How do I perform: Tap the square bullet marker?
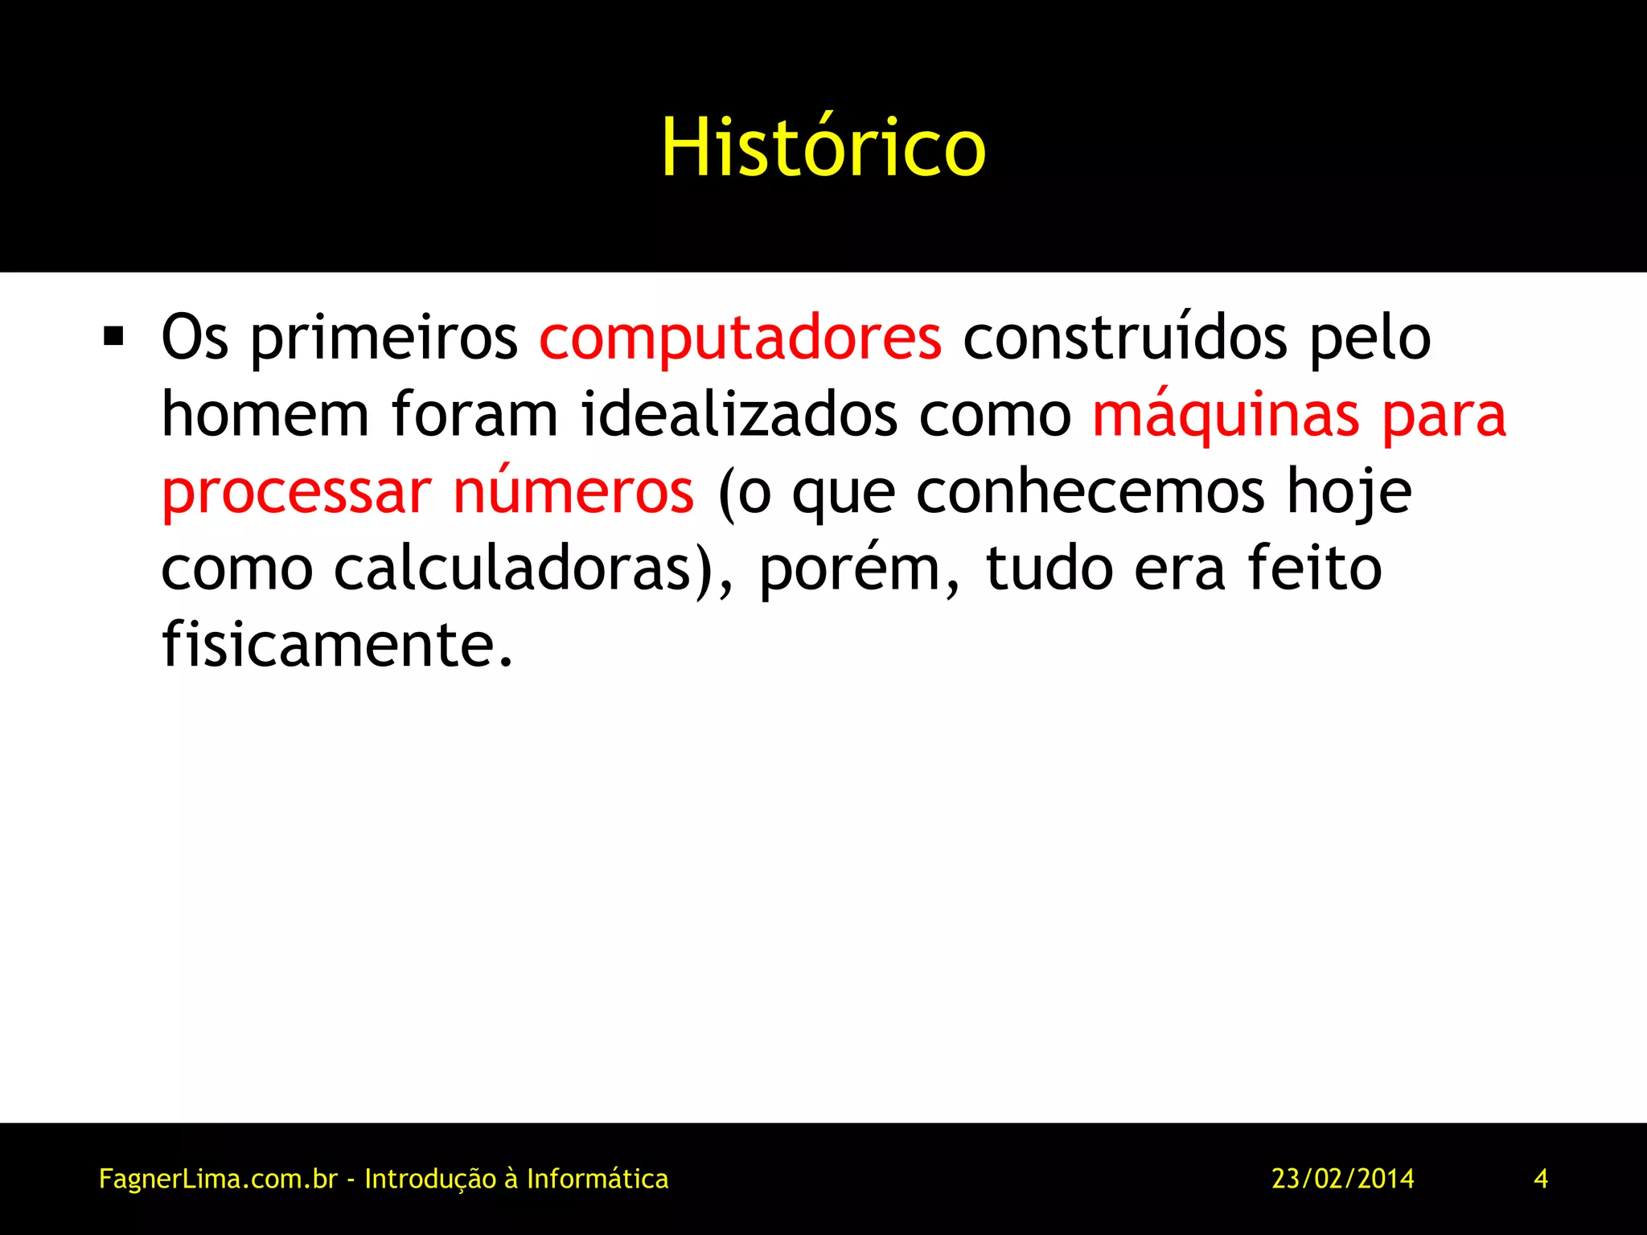(113, 336)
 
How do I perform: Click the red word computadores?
(740, 338)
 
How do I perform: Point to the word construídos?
(1125, 338)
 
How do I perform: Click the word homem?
(265, 415)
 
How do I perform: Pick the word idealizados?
(739, 415)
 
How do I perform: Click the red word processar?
(296, 492)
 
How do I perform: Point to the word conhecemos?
(1090, 492)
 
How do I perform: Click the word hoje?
(1349, 492)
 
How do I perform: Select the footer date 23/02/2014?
(1342, 1179)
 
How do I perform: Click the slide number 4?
(1541, 1179)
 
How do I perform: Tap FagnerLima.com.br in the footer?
(218, 1180)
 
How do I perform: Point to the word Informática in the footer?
(598, 1179)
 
